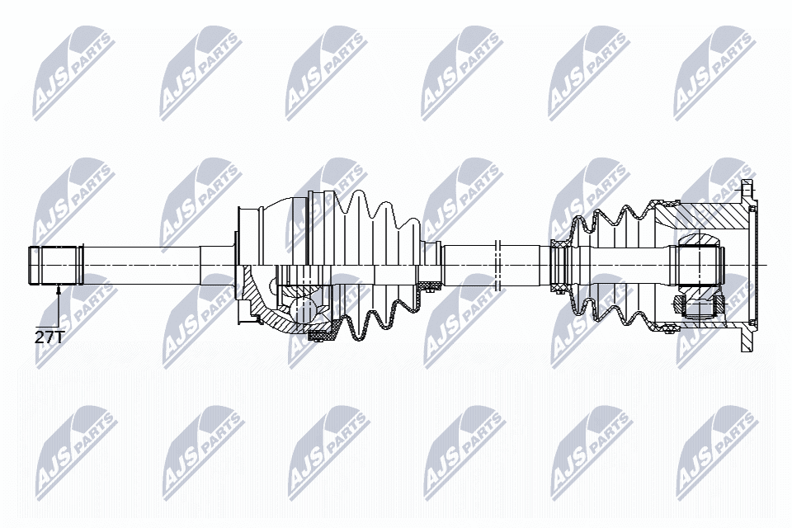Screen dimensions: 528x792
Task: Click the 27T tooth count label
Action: (x=47, y=337)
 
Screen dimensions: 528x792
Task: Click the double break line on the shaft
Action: (x=497, y=264)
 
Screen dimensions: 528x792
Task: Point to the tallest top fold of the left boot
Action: (x=360, y=198)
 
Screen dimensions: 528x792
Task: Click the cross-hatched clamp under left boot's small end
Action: (x=429, y=286)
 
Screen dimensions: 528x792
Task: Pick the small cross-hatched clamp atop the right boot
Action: (x=559, y=243)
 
